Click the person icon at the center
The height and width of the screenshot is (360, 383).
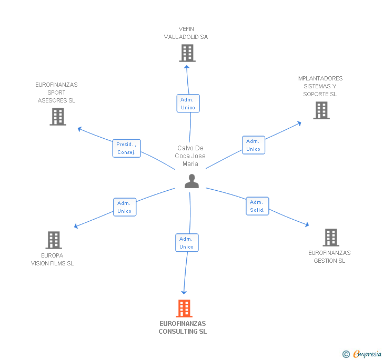(x=191, y=181)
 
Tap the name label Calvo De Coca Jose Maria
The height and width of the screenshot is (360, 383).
(x=190, y=156)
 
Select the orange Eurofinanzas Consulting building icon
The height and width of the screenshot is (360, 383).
(x=184, y=308)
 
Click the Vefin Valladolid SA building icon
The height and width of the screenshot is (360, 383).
(x=187, y=53)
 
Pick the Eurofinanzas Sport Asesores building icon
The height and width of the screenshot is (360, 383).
(x=58, y=117)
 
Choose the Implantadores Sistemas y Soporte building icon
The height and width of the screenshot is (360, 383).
(x=321, y=110)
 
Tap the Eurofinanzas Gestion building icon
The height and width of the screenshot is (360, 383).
(x=330, y=238)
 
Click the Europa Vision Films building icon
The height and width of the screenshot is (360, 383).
(x=53, y=240)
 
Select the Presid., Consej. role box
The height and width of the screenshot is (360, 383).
(x=126, y=148)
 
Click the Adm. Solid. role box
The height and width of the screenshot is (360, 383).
(x=257, y=206)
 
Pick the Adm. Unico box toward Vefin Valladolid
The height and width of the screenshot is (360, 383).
(x=188, y=104)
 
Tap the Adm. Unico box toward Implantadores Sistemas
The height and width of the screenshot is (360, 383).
(x=253, y=145)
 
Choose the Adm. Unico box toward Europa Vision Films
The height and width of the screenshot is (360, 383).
(x=125, y=207)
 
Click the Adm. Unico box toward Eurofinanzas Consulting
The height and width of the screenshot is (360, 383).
(x=187, y=243)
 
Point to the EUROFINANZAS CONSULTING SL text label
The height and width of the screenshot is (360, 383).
(x=183, y=328)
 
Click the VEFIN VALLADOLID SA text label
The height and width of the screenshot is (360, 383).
(x=186, y=33)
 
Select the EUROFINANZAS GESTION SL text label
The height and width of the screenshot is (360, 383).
(x=329, y=257)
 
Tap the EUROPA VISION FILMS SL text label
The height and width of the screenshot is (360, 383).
(x=52, y=260)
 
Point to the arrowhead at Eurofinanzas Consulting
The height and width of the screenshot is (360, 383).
(x=184, y=292)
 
